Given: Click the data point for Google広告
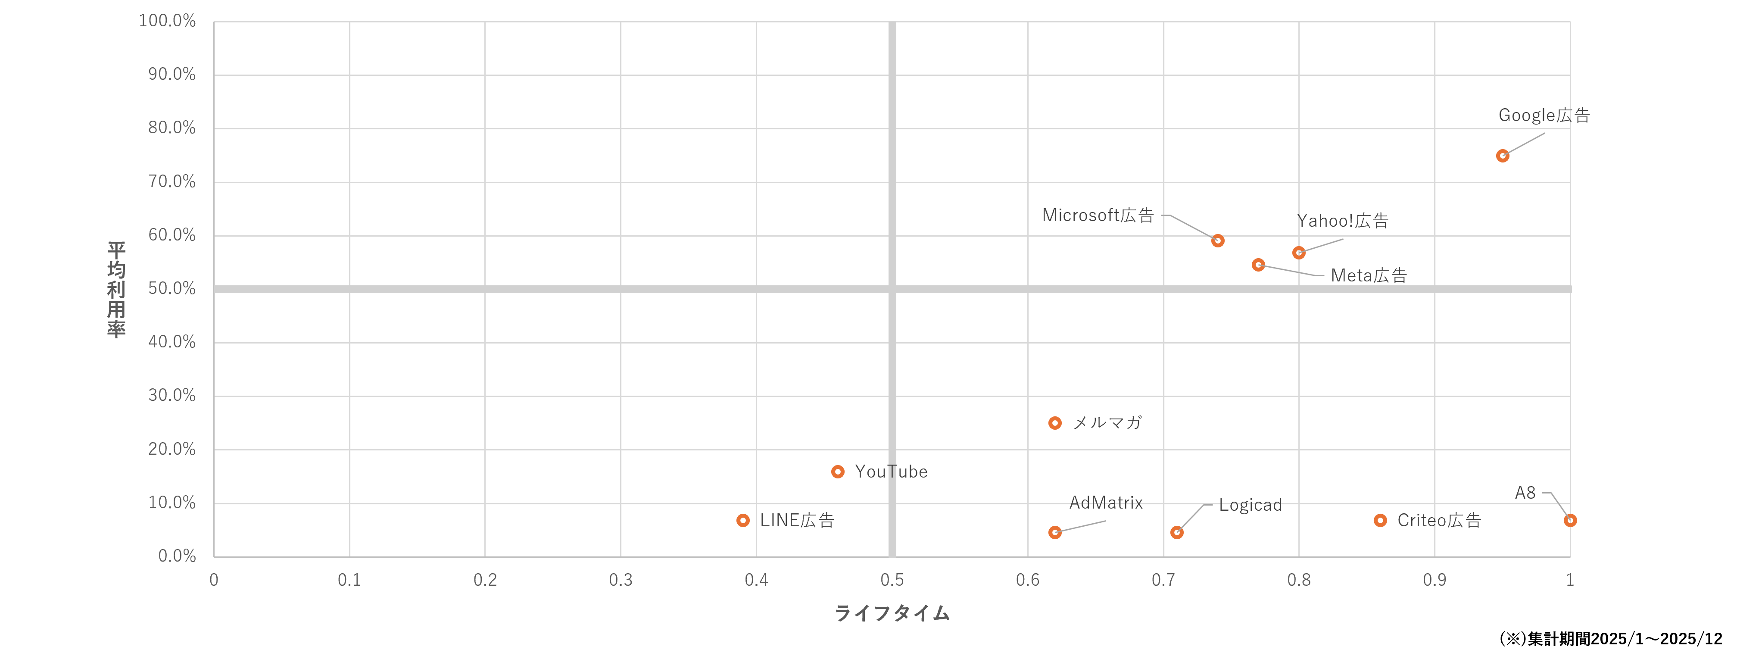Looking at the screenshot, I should [x=1502, y=156].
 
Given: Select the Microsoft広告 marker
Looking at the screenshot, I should [x=1218, y=241].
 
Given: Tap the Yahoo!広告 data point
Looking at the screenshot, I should [x=1299, y=253].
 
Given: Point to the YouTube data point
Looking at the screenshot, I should [x=838, y=472].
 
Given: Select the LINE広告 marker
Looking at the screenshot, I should [x=743, y=520].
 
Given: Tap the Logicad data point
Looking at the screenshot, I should [x=1177, y=532].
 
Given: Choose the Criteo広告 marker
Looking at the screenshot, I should [x=1380, y=520].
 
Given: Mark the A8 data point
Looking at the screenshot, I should [x=1570, y=520].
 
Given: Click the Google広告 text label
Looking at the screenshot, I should [x=1544, y=116].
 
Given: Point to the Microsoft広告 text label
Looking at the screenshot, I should [x=1098, y=215].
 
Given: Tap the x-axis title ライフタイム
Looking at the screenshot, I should [x=892, y=613].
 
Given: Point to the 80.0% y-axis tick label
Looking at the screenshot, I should [x=172, y=128].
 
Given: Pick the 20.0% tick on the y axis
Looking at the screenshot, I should [x=172, y=449].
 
